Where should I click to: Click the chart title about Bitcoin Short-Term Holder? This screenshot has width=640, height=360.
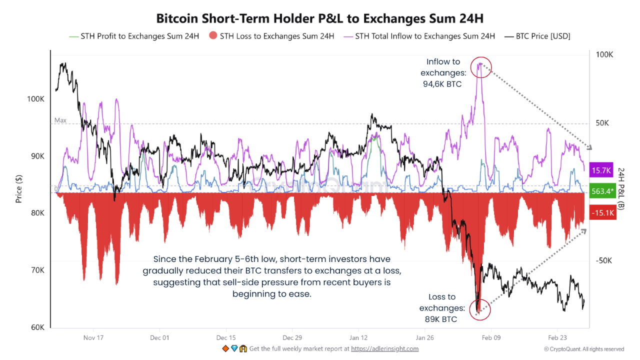(320, 19)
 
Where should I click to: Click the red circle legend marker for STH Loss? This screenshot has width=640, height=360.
(212, 36)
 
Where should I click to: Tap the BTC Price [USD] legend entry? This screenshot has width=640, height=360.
(537, 36)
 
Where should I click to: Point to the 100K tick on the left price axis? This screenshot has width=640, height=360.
(36, 99)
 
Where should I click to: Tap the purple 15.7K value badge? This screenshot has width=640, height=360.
(601, 170)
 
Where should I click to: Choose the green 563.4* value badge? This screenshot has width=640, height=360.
(601, 191)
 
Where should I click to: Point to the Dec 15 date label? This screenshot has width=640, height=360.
(226, 337)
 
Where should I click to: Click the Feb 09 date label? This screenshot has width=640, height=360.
(491, 337)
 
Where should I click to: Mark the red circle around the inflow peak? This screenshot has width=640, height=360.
(481, 66)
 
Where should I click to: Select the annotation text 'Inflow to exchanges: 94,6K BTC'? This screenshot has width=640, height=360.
(443, 73)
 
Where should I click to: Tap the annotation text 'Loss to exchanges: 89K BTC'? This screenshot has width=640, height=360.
(442, 308)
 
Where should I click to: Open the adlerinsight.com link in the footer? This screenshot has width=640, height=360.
(384, 349)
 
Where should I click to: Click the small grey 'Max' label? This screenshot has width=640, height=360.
(60, 120)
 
